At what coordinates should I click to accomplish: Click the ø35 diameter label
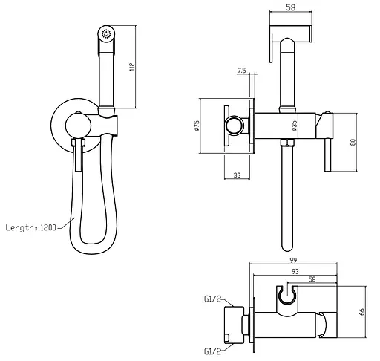coord(295,126)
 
